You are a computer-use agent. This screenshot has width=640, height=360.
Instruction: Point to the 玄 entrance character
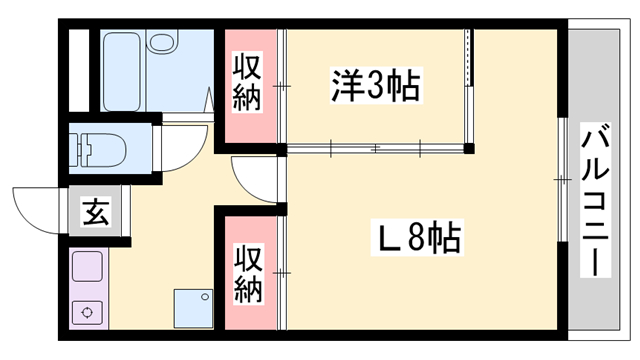(x=96, y=213)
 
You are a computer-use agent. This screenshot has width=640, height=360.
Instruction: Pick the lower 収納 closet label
(x=249, y=274)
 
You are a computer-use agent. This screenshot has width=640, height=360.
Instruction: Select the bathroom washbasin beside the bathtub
(x=161, y=44)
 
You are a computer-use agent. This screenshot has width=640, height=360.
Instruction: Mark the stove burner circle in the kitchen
(x=88, y=312)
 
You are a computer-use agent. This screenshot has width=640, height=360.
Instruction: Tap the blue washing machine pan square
(x=193, y=307)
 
